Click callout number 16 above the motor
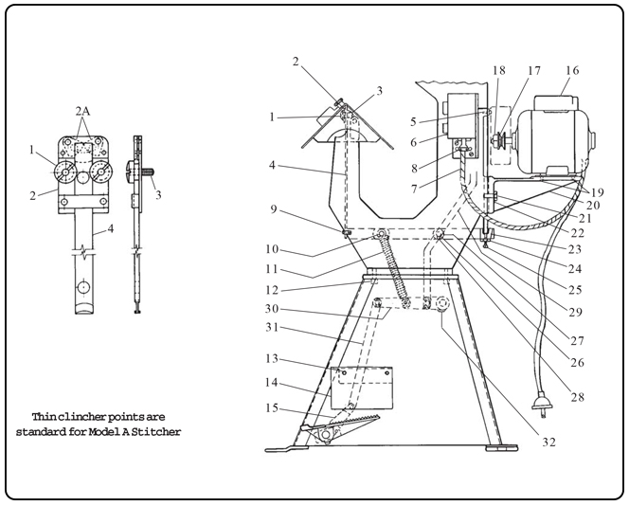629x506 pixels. (x=572, y=70)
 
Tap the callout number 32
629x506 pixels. (x=548, y=443)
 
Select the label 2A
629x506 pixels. (x=82, y=111)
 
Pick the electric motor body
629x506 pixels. (x=553, y=136)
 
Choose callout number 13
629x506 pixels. (x=272, y=358)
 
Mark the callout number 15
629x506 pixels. (x=272, y=408)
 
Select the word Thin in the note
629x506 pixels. (x=43, y=417)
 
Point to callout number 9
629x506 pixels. (x=273, y=209)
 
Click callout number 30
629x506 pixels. (x=272, y=309)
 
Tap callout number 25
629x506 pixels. (x=575, y=290)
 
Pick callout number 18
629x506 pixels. (x=498, y=70)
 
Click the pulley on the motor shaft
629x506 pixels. (x=498, y=140)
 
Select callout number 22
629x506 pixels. (x=577, y=233)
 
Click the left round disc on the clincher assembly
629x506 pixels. (x=65, y=172)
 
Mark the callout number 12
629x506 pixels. (x=272, y=290)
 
